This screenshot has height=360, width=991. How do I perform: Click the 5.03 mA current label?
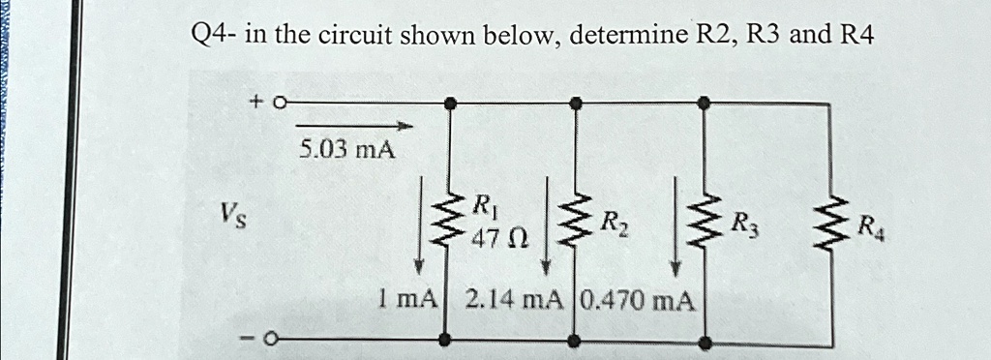point(347,150)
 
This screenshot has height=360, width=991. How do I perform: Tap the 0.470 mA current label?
point(639,300)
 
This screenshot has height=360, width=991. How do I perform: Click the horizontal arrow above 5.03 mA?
point(353,126)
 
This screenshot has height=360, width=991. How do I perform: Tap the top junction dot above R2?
point(576,101)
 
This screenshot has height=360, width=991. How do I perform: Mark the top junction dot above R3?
point(706,101)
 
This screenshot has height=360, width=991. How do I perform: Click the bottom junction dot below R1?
point(446,340)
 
